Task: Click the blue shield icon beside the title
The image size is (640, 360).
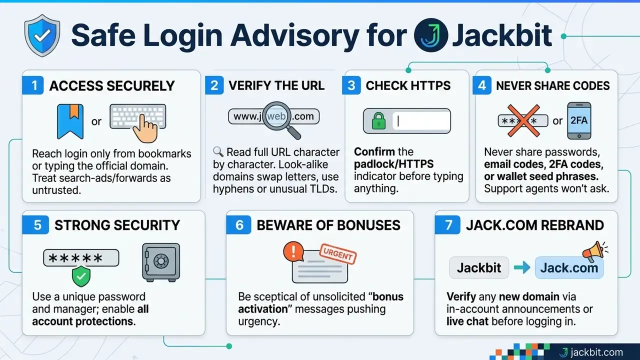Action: (42, 35)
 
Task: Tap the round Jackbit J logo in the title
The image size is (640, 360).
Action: (431, 35)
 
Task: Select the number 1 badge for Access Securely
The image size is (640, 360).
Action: (33, 85)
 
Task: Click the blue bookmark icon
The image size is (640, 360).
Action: (70, 121)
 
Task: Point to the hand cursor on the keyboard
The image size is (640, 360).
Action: (145, 130)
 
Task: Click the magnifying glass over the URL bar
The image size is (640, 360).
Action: (280, 120)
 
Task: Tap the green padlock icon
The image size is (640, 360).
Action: (378, 121)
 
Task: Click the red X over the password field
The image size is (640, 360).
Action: (523, 120)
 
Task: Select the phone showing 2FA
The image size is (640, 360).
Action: (579, 121)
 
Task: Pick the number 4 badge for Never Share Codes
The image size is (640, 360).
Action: (482, 85)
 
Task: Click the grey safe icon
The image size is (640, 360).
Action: (161, 262)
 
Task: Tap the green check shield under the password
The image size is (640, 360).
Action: (81, 276)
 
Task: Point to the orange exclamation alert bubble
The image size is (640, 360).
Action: (293, 251)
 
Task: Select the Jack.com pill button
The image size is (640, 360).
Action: (569, 267)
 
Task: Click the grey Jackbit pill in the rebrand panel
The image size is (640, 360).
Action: (479, 267)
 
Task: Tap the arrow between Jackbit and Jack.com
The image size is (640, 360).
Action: (522, 267)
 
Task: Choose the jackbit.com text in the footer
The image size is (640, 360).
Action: (596, 352)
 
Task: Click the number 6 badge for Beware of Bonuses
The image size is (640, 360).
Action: (239, 225)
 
